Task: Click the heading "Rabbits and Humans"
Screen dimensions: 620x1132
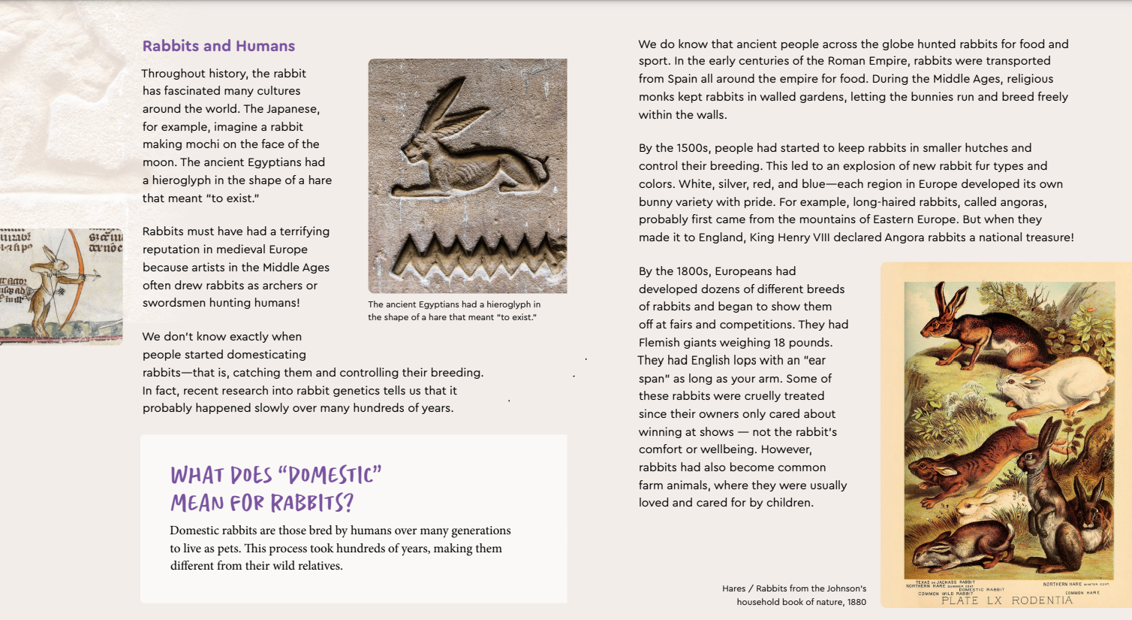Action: [x=218, y=46]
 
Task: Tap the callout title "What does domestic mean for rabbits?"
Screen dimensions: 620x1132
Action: [x=275, y=488]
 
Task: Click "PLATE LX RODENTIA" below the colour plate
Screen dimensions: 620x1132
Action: [x=1007, y=600]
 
